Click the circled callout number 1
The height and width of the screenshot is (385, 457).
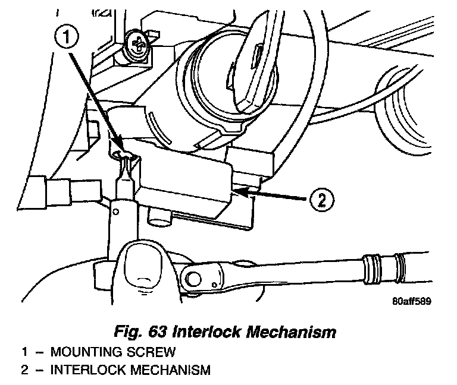68,38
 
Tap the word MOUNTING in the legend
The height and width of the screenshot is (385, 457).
91,351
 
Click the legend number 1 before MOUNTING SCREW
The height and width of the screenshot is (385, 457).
25,351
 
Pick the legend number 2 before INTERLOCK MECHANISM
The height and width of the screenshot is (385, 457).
25,371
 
